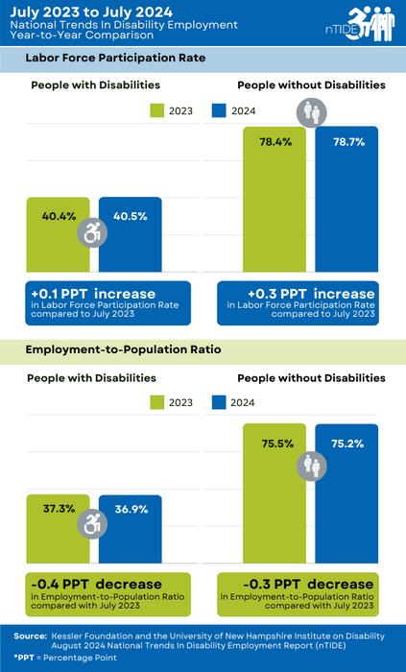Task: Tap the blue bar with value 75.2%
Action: (346, 499)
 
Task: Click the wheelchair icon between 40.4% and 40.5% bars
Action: (93, 232)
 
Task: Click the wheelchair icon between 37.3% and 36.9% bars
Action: (93, 523)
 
